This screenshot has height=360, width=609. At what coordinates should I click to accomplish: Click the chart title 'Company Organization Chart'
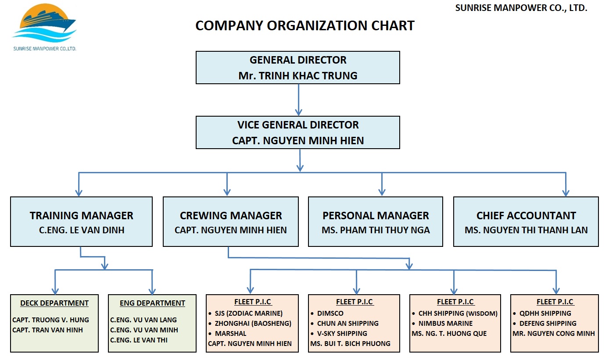304,26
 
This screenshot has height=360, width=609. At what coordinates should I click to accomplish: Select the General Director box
297,68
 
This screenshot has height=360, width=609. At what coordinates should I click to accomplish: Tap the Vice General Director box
297,132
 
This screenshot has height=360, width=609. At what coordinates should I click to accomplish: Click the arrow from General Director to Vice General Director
298,100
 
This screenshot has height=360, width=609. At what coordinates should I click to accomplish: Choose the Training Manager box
81,221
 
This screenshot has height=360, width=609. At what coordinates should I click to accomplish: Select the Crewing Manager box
230,221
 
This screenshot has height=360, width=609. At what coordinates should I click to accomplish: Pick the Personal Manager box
375,221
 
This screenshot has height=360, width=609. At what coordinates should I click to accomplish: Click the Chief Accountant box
526,221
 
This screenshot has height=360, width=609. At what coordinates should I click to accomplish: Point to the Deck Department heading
54,303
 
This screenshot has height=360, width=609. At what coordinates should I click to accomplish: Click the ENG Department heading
152,303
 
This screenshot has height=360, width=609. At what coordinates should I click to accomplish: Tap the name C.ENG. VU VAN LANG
143,320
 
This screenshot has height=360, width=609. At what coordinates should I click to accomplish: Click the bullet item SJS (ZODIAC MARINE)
248,313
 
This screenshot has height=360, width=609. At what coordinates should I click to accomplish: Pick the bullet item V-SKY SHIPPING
342,333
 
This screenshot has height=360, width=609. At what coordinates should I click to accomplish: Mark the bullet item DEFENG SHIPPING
548,323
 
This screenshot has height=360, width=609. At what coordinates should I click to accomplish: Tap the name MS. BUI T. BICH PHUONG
350,343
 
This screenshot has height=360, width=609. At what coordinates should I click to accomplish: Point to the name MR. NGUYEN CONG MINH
553,333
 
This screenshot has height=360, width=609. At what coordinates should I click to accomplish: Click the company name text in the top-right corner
521,8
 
